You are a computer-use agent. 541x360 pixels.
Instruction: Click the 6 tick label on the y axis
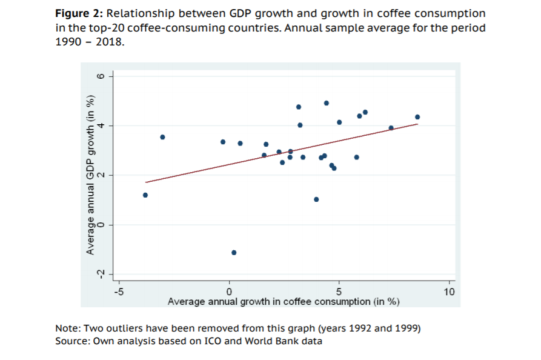pyautogui.click(x=102, y=76)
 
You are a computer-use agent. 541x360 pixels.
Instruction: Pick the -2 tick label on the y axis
pyautogui.click(x=102, y=274)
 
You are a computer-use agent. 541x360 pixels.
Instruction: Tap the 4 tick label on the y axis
pyautogui.click(x=102, y=125)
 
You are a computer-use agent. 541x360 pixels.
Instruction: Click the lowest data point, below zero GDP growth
pyautogui.click(x=234, y=252)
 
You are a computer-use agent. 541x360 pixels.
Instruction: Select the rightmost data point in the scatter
pyautogui.click(x=417, y=117)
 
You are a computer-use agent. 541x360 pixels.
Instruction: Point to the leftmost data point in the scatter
pyautogui.click(x=145, y=195)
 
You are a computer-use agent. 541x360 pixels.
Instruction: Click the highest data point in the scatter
pyautogui.click(x=327, y=103)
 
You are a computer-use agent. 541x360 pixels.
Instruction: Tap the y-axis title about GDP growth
pyautogui.click(x=90, y=175)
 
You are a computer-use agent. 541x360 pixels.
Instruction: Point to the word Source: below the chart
pyautogui.click(x=72, y=341)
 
